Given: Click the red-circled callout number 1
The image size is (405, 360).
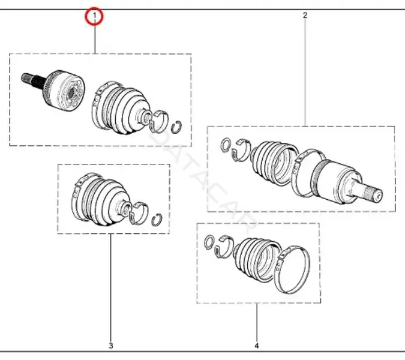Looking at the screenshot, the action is (94, 16).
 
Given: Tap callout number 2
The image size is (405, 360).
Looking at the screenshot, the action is (305, 15).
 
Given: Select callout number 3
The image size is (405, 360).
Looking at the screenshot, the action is (111, 346).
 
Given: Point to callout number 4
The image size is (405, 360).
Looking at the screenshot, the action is (256, 346).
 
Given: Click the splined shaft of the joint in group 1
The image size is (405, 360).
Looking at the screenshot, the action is (33, 80).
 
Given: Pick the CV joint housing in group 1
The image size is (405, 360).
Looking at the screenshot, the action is (64, 91).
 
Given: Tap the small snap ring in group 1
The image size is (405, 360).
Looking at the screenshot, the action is (176, 127).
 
